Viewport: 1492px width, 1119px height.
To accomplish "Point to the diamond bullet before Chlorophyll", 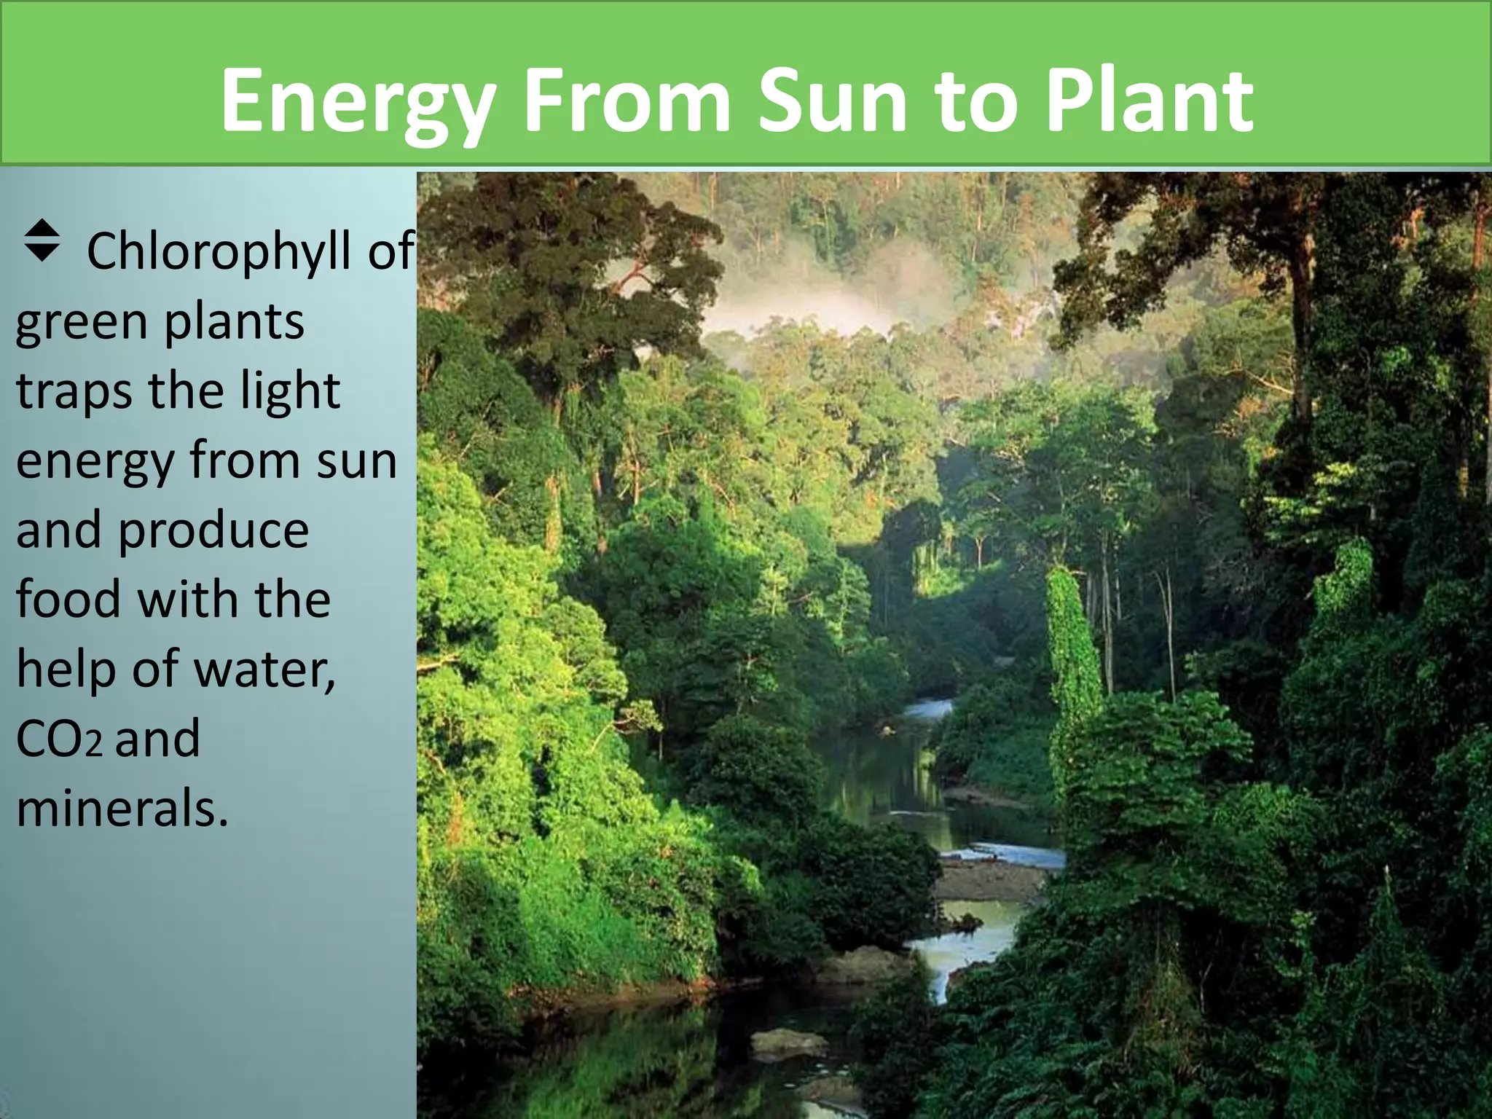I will point(42,240).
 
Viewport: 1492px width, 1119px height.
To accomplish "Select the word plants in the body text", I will point(233,322).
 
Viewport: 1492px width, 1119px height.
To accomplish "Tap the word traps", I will point(74,391).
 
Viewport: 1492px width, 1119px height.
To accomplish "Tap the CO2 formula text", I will point(58,739).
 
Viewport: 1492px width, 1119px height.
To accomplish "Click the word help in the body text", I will point(66,669).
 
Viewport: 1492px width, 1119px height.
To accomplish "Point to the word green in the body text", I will point(81,322).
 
